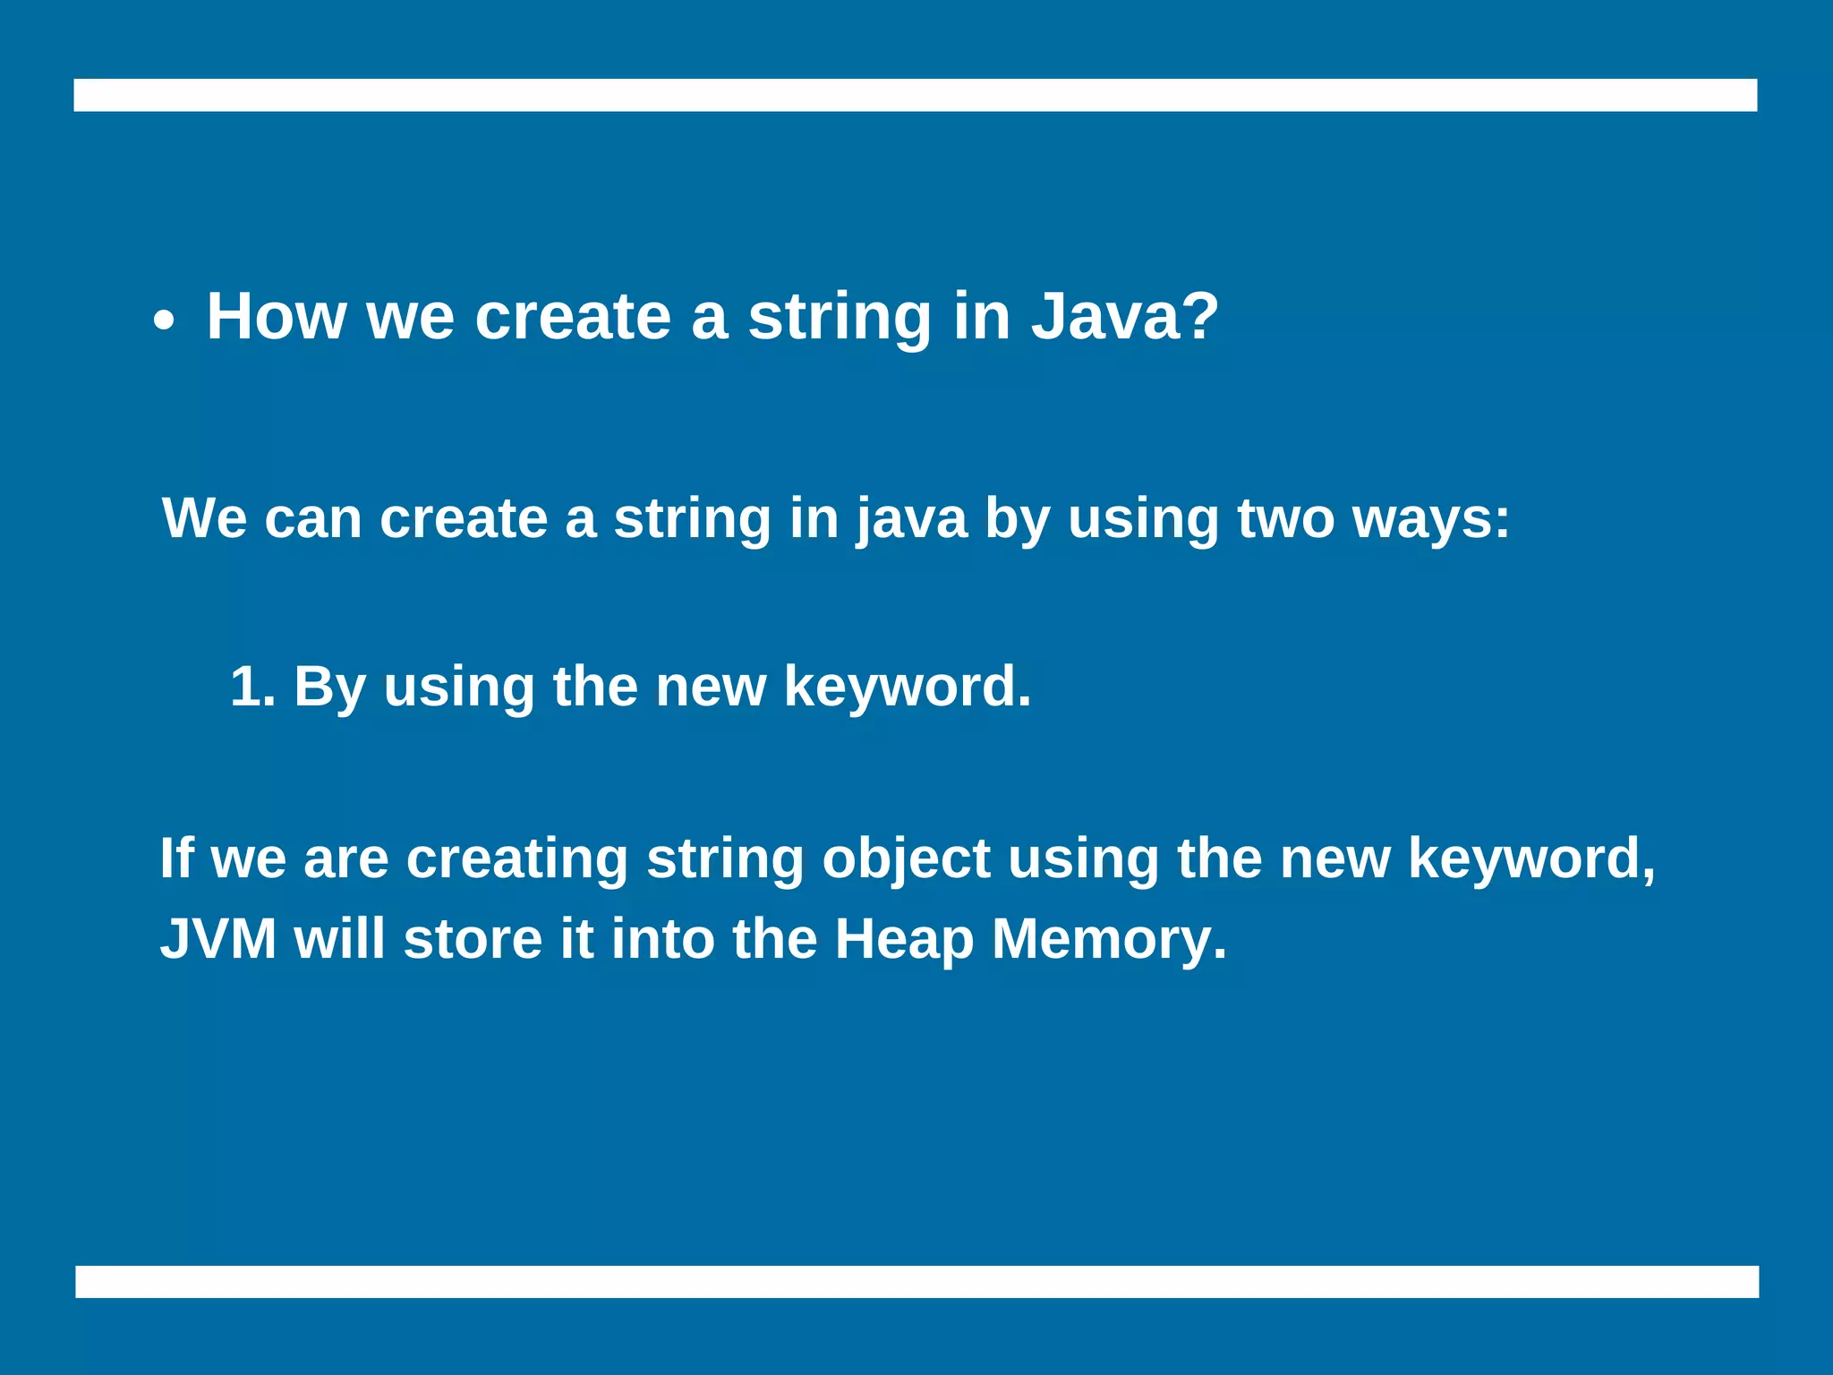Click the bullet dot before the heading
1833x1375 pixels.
pyautogui.click(x=163, y=322)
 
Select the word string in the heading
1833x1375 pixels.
pyautogui.click(x=840, y=318)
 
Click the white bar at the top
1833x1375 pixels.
pyautogui.click(x=915, y=95)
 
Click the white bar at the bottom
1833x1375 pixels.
pyautogui.click(x=916, y=1281)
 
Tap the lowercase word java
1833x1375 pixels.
pyautogui.click(x=911, y=520)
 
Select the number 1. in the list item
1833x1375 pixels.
pyautogui.click(x=253, y=687)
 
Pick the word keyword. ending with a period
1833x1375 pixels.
pyautogui.click(x=907, y=688)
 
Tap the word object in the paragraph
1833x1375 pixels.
pyautogui.click(x=906, y=860)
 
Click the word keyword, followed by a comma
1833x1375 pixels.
pyautogui.click(x=1531, y=860)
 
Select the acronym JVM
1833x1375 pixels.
pyautogui.click(x=218, y=939)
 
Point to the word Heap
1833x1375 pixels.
pyautogui.click(x=904, y=941)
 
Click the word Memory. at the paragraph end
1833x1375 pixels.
pyautogui.click(x=1109, y=941)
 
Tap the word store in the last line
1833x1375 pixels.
pyautogui.click(x=473, y=939)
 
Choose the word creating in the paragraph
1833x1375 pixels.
pyautogui.click(x=517, y=860)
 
